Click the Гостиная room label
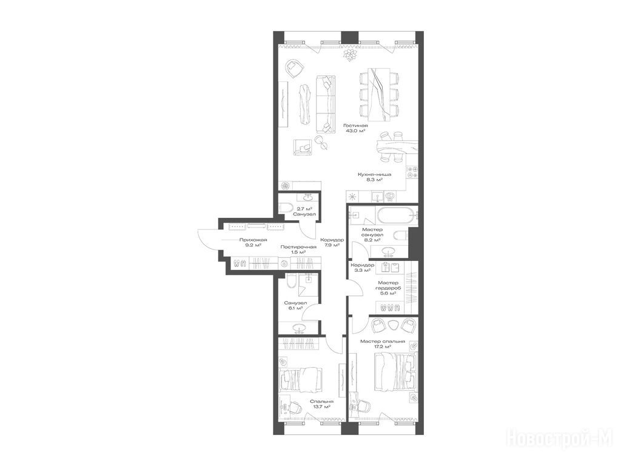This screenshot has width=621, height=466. (x=355, y=126)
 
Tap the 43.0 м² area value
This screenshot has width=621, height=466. (x=355, y=131)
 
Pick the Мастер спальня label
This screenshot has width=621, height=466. (x=383, y=341)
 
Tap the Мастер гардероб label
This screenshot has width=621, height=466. (x=388, y=285)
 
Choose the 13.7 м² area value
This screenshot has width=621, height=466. (x=321, y=406)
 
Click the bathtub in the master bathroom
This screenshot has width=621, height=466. (x=397, y=217)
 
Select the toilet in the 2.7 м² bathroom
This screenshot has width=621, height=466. (x=286, y=208)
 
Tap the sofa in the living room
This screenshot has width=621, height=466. (x=325, y=104)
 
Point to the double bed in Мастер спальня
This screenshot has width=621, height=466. (x=395, y=371)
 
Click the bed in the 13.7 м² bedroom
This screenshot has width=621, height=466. (x=300, y=379)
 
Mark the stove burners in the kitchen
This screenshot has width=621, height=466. (x=412, y=172)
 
